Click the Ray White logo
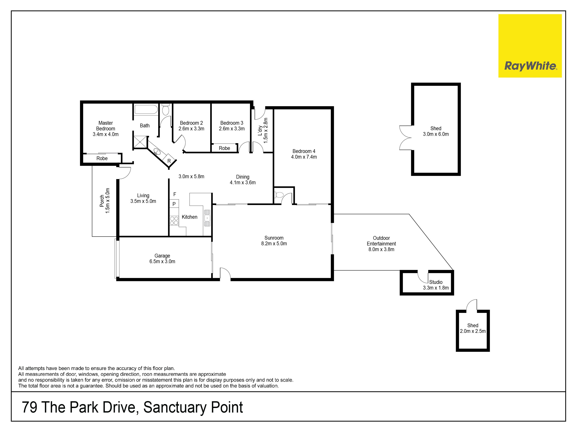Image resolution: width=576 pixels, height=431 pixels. tap(530, 46)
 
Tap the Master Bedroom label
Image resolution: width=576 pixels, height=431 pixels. tap(105, 126)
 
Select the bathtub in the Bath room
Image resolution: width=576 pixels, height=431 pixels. tap(146, 110)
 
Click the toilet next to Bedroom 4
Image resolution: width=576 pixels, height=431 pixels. tap(279, 195)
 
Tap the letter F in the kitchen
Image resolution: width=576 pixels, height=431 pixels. tap(175, 194)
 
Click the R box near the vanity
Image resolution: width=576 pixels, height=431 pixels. tap(169, 161)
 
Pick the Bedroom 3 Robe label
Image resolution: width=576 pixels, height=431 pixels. tap(224, 148)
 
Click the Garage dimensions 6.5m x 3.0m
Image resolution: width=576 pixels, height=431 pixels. tap(162, 261)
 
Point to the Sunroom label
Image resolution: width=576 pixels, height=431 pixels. tap(274, 238)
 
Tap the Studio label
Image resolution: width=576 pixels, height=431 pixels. tap(436, 282)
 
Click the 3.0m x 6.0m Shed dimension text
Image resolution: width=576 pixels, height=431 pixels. tap(436, 134)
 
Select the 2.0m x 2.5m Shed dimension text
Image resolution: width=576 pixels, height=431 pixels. tap(473, 331)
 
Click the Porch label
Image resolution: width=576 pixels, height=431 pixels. tap(102, 201)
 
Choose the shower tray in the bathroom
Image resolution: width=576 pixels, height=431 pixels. tap(140, 142)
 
